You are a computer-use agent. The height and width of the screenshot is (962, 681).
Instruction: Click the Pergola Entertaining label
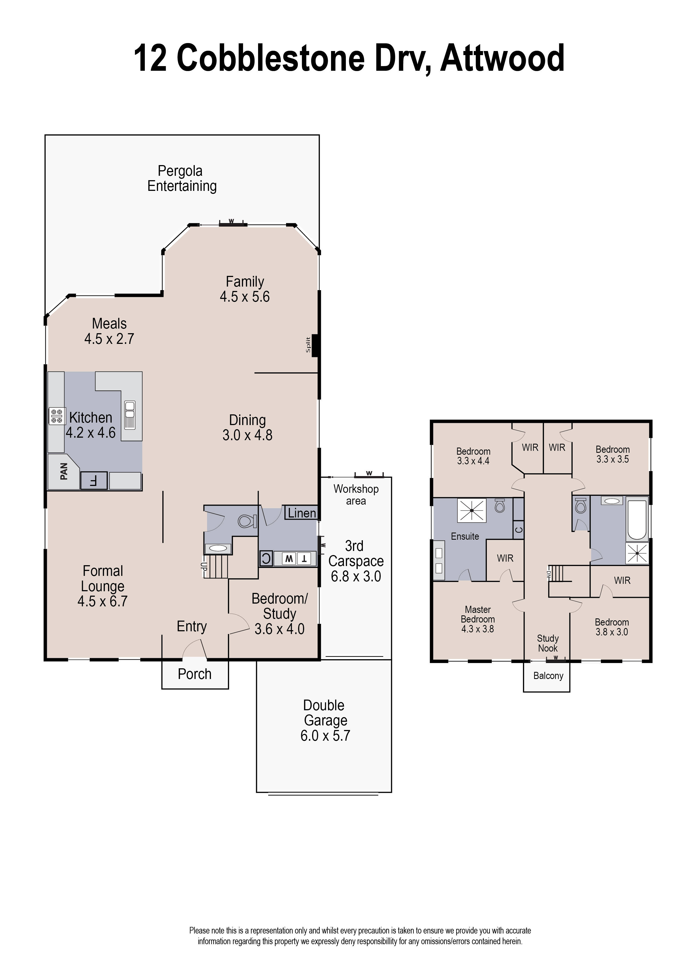pos(182,179)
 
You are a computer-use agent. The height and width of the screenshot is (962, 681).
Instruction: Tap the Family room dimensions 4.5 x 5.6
pos(245,297)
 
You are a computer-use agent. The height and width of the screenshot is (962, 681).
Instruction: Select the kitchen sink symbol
pos(129,415)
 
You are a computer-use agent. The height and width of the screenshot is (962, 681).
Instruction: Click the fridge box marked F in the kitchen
pos(94,480)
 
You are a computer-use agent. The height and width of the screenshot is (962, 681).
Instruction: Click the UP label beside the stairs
pos(204,566)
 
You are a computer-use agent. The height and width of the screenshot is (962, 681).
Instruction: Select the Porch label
pos(194,674)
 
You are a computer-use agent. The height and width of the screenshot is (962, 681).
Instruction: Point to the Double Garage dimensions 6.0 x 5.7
pos(325,736)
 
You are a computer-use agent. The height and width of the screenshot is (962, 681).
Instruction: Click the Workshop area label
pos(356,495)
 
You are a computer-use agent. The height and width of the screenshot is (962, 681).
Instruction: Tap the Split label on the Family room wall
pos(308,345)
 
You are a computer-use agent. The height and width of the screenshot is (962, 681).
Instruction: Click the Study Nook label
pos(548,643)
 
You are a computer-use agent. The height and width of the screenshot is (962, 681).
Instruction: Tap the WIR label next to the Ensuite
pos(505,558)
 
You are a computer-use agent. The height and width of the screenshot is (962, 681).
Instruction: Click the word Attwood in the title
pos(502,58)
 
